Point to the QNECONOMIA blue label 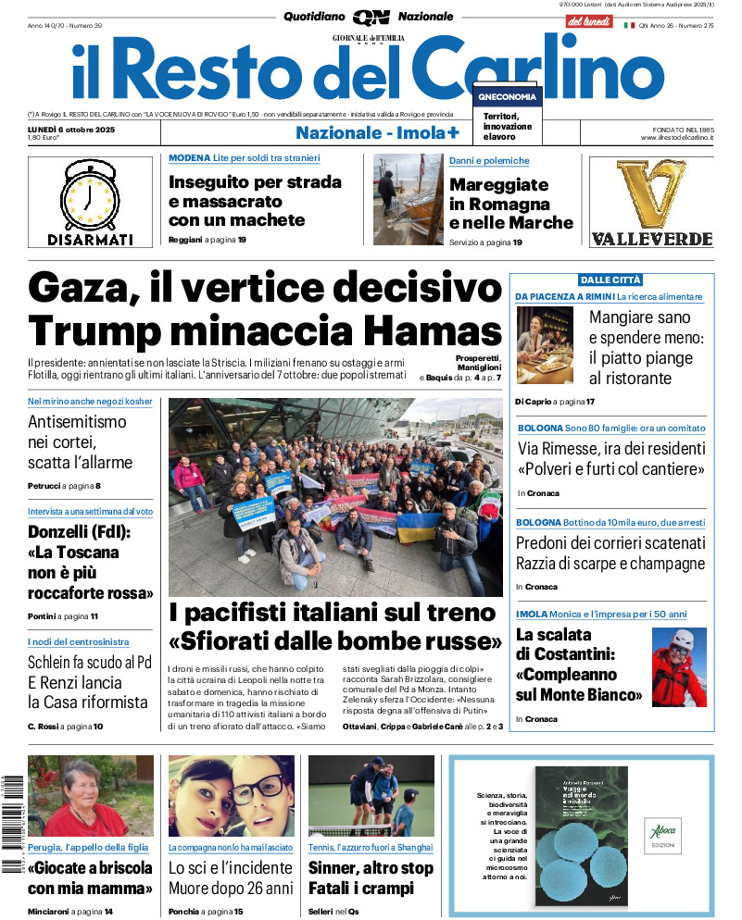coord(507,97)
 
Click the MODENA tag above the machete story coord(189,158)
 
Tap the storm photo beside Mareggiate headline coord(408,199)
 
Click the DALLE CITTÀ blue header coord(610,280)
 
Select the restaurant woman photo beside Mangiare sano coord(545,345)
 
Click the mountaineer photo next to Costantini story coord(679,666)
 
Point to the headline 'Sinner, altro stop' coord(371,868)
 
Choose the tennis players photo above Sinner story coord(371,796)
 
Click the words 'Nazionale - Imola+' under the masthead coord(377,132)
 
